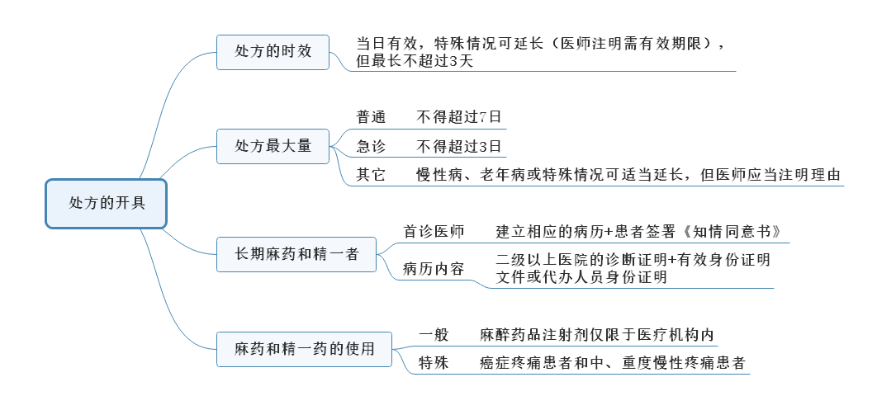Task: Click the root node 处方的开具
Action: pos(107,203)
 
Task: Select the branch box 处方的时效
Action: pos(273,51)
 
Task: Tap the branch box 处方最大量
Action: pos(273,146)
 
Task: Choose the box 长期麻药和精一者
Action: pos(296,254)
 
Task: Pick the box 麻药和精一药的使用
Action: pos(304,349)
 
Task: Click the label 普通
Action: pos(371,117)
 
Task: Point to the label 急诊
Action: pos(371,147)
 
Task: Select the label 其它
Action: pos(371,175)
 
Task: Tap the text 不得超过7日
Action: pos(459,117)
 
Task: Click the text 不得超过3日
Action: pos(459,147)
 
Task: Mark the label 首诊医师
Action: pos(434,231)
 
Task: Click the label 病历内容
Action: pos(434,269)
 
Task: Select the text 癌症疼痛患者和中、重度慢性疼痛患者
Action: pos(613,363)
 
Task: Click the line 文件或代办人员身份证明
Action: pos(581,278)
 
